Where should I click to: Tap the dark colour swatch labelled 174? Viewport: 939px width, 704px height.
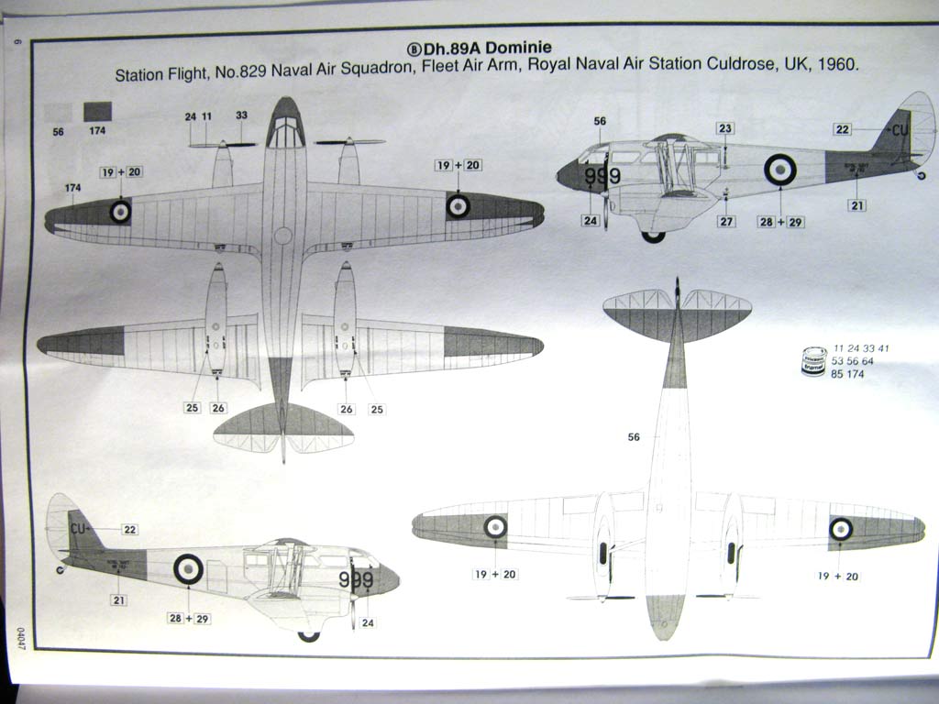(97, 112)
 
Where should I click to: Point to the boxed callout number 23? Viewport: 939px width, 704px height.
(725, 128)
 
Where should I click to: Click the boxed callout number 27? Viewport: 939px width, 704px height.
(726, 221)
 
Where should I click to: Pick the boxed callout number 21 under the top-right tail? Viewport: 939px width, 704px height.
(857, 205)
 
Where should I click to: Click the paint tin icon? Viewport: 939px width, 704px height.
(813, 361)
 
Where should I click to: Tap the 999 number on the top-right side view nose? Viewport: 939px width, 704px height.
(602, 176)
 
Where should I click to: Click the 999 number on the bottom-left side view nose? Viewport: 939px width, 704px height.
(356, 579)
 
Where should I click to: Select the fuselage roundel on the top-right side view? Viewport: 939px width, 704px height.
(780, 170)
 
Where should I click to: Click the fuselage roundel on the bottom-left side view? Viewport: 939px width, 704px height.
(188, 568)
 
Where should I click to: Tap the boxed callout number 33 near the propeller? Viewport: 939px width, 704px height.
(241, 116)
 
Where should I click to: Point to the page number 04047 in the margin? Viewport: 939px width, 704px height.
(18, 632)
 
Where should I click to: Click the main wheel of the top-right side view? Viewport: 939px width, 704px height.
(653, 236)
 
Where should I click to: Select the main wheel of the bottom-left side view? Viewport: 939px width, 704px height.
(309, 635)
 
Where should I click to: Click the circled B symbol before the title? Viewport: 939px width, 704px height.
(412, 48)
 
